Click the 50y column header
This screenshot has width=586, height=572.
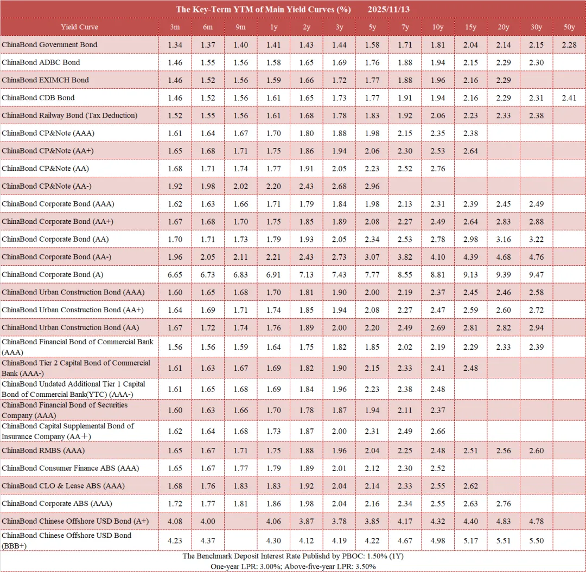tap(569, 27)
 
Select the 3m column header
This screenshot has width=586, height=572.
tap(175, 27)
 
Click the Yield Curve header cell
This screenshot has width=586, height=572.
tap(79, 27)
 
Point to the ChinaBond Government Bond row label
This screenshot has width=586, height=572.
tap(49, 44)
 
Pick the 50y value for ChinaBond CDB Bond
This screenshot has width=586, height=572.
tap(569, 98)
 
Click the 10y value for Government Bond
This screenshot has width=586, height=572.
tap(438, 44)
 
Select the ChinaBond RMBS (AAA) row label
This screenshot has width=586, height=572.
tap(43, 451)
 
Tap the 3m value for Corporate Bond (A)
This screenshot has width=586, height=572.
tap(175, 274)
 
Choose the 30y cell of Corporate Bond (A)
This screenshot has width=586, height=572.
tap(536, 274)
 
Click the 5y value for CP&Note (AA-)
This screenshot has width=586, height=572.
tap(372, 186)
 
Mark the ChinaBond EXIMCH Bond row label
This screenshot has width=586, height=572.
tap(45, 80)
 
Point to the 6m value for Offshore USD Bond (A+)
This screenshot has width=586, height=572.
tap(208, 521)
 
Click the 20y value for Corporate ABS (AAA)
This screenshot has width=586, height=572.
tap(503, 504)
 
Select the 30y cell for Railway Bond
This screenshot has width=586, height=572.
tap(536, 115)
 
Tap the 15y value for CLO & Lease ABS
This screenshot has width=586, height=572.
tap(470, 486)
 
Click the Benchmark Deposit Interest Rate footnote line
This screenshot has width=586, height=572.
tap(292, 556)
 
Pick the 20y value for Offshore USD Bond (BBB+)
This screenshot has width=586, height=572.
tap(503, 541)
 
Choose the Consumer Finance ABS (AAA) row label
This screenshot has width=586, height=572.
tap(70, 468)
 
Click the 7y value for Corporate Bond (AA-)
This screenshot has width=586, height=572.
tap(405, 256)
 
